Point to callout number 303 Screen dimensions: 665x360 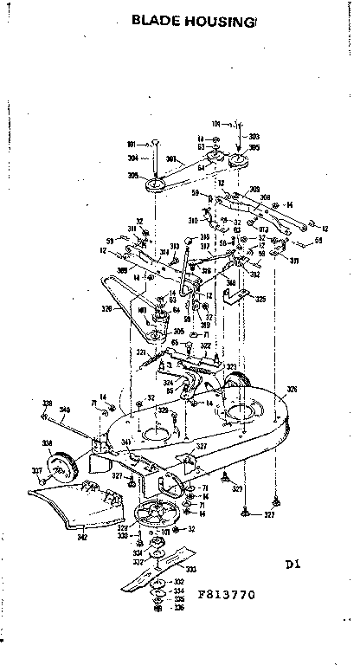point(254,137)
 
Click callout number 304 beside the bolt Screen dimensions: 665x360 point(132,158)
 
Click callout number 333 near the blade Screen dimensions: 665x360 point(190,569)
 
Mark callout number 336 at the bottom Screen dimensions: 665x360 point(179,607)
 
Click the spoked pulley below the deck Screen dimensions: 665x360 point(157,512)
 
